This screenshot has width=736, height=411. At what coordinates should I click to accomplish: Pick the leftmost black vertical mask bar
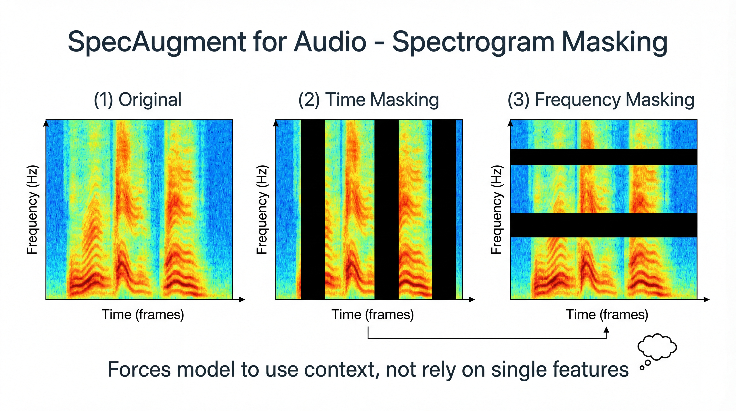pyautogui.click(x=313, y=210)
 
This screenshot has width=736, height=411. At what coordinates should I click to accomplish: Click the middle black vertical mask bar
pyautogui.click(x=387, y=210)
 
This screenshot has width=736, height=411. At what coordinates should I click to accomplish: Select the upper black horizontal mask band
pyautogui.click(x=603, y=157)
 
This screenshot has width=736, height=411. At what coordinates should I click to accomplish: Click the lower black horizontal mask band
pyautogui.click(x=603, y=225)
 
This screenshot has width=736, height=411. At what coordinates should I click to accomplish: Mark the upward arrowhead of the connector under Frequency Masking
pyautogui.click(x=606, y=330)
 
